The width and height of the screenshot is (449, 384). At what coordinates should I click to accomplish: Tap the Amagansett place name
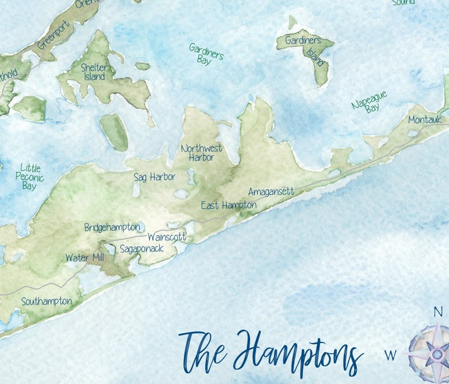[x=271, y=192]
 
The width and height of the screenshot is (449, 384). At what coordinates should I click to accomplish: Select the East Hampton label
[x=228, y=205]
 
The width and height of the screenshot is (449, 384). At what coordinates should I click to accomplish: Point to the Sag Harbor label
[x=154, y=177]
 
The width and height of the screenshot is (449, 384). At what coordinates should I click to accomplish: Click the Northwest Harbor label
[x=201, y=153]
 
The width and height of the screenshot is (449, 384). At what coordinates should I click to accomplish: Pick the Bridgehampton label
[x=112, y=227]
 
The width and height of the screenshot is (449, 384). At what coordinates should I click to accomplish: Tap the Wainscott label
[x=166, y=237]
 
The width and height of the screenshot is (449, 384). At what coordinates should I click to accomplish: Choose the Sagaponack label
[x=141, y=248]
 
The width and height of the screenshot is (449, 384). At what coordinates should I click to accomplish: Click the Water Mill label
[x=84, y=258]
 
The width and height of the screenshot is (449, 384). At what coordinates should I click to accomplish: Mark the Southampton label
[x=46, y=301]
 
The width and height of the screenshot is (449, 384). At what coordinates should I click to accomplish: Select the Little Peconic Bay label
[x=29, y=176]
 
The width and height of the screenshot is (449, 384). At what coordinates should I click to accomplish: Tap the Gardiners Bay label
[x=206, y=54]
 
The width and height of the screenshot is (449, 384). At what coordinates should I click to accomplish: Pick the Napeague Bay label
[x=370, y=102]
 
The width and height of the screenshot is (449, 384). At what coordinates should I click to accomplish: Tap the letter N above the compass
[x=438, y=312]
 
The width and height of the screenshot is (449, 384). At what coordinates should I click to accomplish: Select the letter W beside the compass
[x=390, y=355]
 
